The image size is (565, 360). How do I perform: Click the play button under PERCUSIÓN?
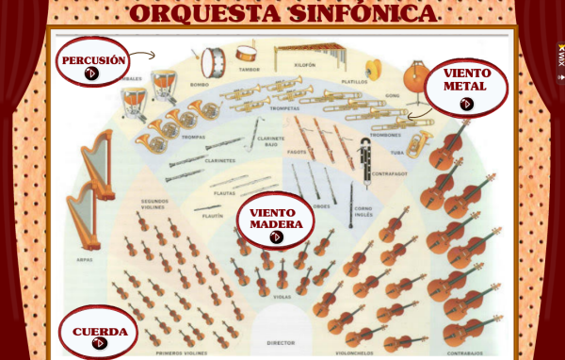coord(91,74)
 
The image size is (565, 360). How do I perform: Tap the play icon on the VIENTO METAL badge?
coord(466,105)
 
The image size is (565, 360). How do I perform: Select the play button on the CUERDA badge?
coord(99,344)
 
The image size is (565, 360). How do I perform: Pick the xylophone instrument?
coord(303,53)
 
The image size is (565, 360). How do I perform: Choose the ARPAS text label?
coord(85,258)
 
